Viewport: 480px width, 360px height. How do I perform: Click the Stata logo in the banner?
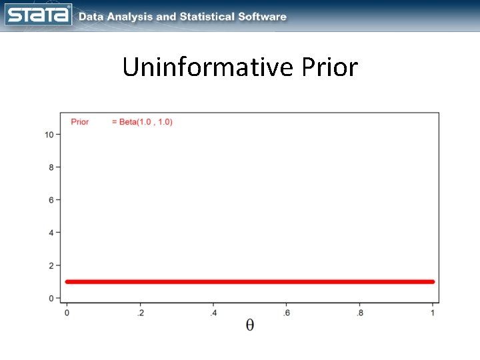coord(38,14)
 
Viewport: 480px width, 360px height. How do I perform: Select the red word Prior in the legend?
coord(80,122)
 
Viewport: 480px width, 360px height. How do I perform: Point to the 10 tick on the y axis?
coord(49,135)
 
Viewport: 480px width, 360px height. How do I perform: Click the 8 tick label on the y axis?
coord(51,167)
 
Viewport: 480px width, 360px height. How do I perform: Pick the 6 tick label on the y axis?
coord(51,200)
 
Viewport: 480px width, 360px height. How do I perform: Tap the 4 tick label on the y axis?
coord(51,233)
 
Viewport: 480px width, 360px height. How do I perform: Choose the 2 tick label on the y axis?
coord(51,265)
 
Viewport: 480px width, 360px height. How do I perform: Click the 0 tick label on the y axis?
coord(51,298)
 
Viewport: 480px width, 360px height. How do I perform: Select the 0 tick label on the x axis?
coord(67,312)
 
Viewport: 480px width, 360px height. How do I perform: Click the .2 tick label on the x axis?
coord(140,312)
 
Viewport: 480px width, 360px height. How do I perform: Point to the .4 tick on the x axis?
coord(213,312)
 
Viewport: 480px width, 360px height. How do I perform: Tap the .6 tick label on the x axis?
coord(287,312)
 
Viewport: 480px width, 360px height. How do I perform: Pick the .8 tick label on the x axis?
coord(360,312)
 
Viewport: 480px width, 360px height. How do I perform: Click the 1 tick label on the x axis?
coord(433,312)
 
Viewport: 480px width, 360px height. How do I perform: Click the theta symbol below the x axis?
coord(250,325)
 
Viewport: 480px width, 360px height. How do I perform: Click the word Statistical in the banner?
coord(211,17)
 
